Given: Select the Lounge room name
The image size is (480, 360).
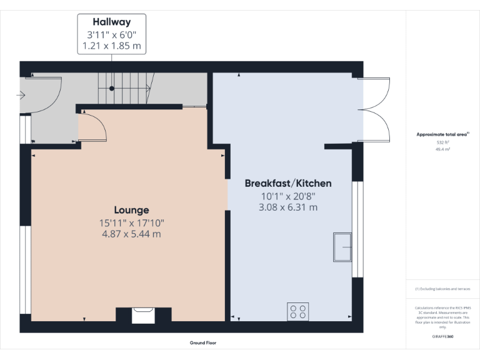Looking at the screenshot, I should point(131,210).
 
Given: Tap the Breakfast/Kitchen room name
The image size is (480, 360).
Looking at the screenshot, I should point(287,183).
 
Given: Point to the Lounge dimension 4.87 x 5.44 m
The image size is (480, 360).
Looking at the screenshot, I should point(131,234).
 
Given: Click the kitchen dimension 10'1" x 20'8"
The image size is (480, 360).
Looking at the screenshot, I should point(287,196).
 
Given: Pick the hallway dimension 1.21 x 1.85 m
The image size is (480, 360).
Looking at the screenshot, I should point(111,46).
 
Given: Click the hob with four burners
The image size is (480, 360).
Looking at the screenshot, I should point(297,311).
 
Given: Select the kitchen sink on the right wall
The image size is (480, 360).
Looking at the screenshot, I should point(342,247).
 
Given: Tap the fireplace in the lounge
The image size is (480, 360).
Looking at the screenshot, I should point(143,314).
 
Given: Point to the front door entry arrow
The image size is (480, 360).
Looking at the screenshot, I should point(21,96).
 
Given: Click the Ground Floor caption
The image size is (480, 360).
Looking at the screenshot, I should point(203,342).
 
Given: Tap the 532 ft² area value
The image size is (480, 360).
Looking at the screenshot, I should point(442,142).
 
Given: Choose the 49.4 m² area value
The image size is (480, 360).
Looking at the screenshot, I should point(442,149).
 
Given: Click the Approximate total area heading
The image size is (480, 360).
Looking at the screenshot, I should point(442,134).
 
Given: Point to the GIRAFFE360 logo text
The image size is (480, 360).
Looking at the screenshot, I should point(442,337).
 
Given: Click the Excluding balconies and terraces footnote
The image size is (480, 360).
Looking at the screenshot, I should point(442,289).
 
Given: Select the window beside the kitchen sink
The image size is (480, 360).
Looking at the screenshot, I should point(357,229).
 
